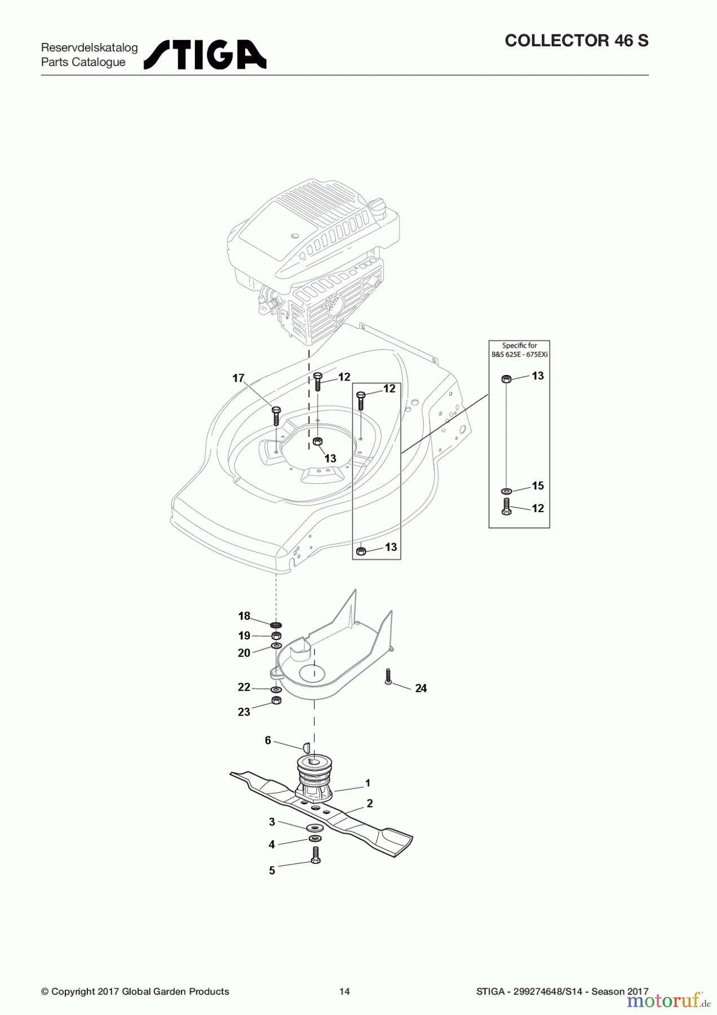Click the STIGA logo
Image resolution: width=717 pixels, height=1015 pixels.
tap(205, 55)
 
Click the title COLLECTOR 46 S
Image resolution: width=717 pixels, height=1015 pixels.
tap(577, 41)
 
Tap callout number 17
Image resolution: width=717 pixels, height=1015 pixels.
tap(238, 378)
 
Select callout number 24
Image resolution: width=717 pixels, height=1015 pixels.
tap(421, 688)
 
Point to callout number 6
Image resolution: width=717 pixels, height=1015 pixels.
tap(268, 740)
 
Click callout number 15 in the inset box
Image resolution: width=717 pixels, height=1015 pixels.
tap(538, 486)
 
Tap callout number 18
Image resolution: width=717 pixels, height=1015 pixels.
tap(244, 616)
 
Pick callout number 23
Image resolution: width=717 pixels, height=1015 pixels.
tap(244, 712)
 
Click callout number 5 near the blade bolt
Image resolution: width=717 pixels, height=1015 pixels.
tap(272, 871)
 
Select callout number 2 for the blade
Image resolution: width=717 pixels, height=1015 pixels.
tap(370, 804)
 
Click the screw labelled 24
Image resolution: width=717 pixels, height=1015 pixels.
tap(388, 677)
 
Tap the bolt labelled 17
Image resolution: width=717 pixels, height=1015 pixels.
tap(276, 416)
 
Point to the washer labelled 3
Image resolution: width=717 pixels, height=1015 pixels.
tap(315, 828)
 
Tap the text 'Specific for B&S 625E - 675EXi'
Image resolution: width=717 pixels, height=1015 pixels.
tap(519, 350)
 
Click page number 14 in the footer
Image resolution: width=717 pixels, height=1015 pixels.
tap(344, 991)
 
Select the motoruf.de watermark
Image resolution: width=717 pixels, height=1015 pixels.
tap(669, 1000)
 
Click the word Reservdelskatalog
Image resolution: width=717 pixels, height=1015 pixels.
tap(89, 48)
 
